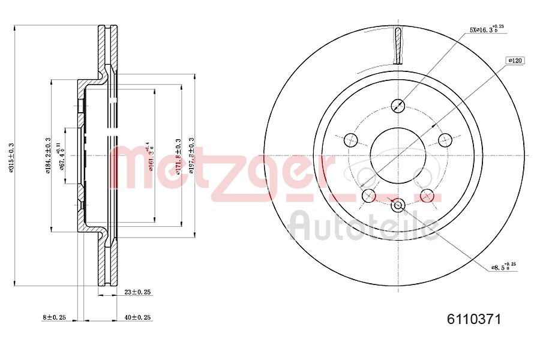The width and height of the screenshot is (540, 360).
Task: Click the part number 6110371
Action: coord(473,319)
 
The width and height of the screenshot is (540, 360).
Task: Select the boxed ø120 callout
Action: coord(516,60)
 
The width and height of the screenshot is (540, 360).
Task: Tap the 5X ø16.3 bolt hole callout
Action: coord(486,28)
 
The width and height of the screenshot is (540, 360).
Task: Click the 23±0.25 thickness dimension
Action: coord(137,292)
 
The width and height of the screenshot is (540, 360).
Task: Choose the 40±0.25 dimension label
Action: coord(137,317)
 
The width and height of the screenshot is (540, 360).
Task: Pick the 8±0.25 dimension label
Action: coord(53,317)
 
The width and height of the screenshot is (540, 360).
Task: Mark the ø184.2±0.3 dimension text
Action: coord(47,155)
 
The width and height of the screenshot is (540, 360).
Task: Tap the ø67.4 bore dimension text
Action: coord(61,155)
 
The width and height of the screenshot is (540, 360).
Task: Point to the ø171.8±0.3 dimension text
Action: coord(178,155)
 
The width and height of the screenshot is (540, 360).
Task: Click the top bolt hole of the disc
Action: coord(398,106)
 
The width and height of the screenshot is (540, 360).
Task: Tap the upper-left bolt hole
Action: coord(351,140)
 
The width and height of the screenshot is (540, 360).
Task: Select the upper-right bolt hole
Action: coord(445,140)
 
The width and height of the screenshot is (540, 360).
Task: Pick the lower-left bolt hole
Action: coord(369,195)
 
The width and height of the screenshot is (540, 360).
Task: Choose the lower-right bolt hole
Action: coord(427,195)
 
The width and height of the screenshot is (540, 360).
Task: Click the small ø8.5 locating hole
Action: coord(398,206)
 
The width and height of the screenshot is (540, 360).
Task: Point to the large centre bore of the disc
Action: coord(398,155)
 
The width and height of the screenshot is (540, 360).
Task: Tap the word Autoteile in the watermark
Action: coord(363,226)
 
